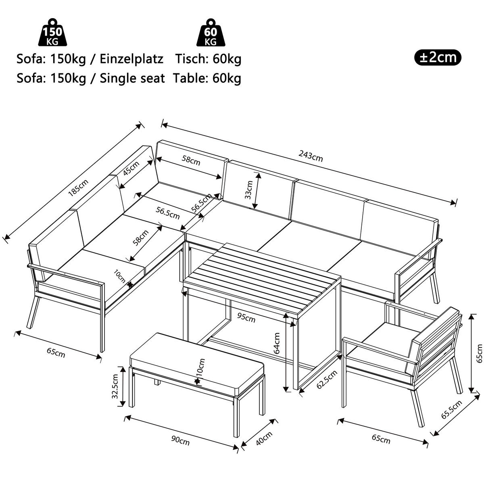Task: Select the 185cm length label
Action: coord(78,187)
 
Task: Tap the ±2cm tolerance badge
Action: coord(438,57)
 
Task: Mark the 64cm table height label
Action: coord(277,343)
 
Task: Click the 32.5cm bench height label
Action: coord(115,386)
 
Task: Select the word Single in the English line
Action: coord(121,78)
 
